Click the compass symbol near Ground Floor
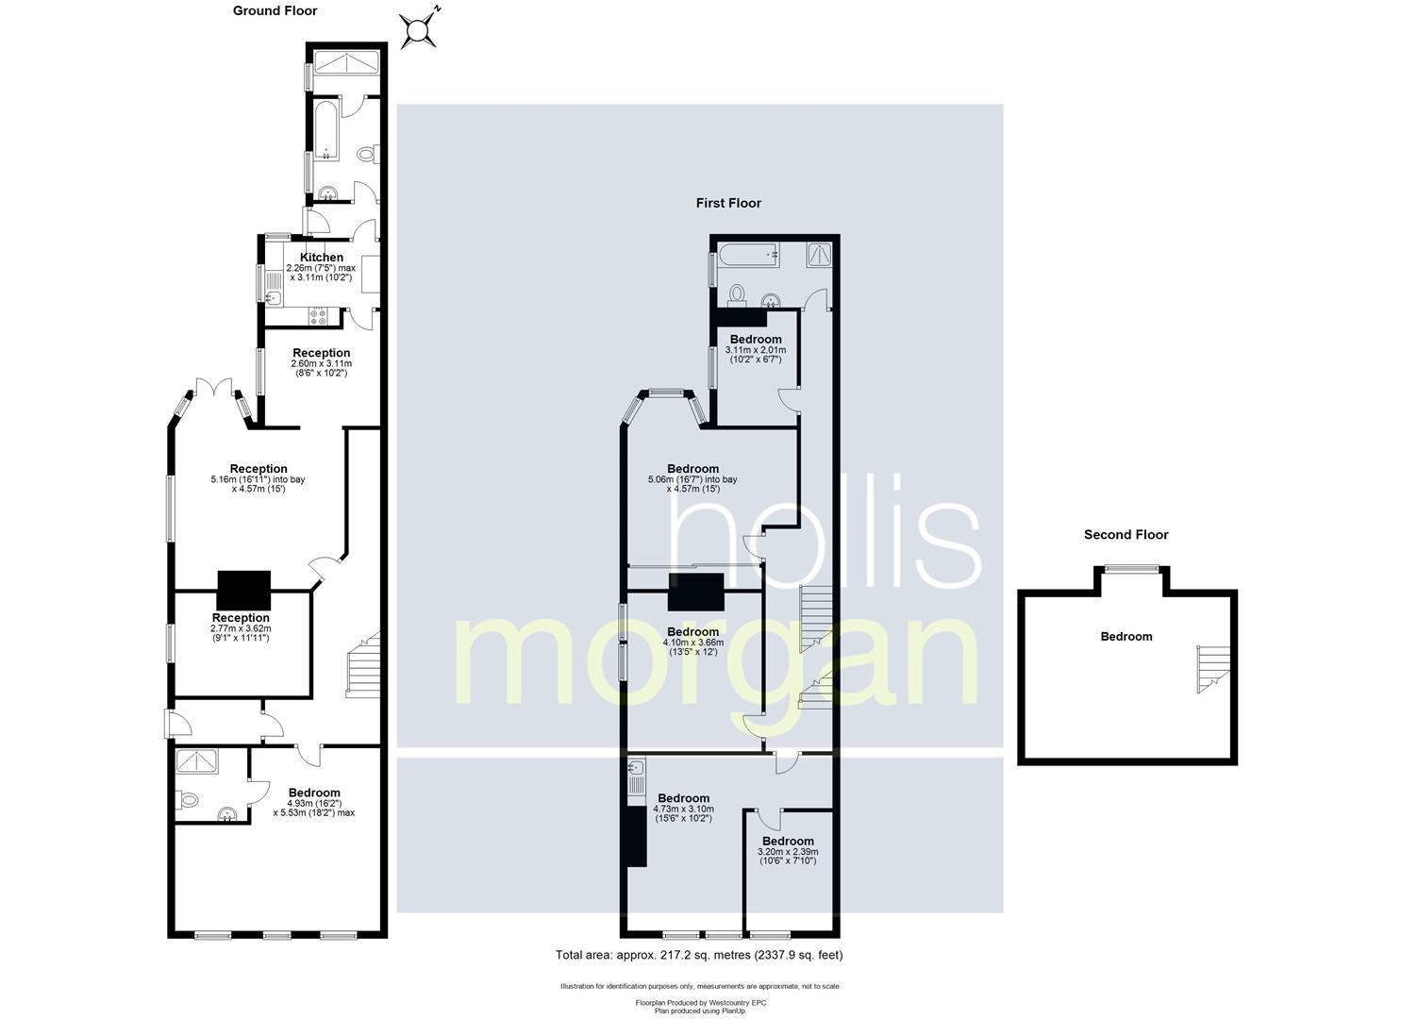[x=419, y=28]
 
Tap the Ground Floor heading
[x=275, y=10]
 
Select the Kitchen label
[x=322, y=257]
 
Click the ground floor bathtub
[x=325, y=129]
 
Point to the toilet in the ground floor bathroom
[x=368, y=153]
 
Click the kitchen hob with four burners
[x=318, y=316]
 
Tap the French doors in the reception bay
[x=214, y=387]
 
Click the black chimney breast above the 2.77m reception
[x=244, y=590]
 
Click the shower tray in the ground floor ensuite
[x=196, y=760]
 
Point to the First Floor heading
[x=728, y=203]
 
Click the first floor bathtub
[x=749, y=255]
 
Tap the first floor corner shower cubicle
[x=819, y=255]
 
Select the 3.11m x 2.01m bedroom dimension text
[x=756, y=355]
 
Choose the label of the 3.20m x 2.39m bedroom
[x=788, y=842]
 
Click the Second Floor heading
[x=1126, y=535]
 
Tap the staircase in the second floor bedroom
[x=1213, y=669]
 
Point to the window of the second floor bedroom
[x=1131, y=568]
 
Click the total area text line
[x=699, y=955]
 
